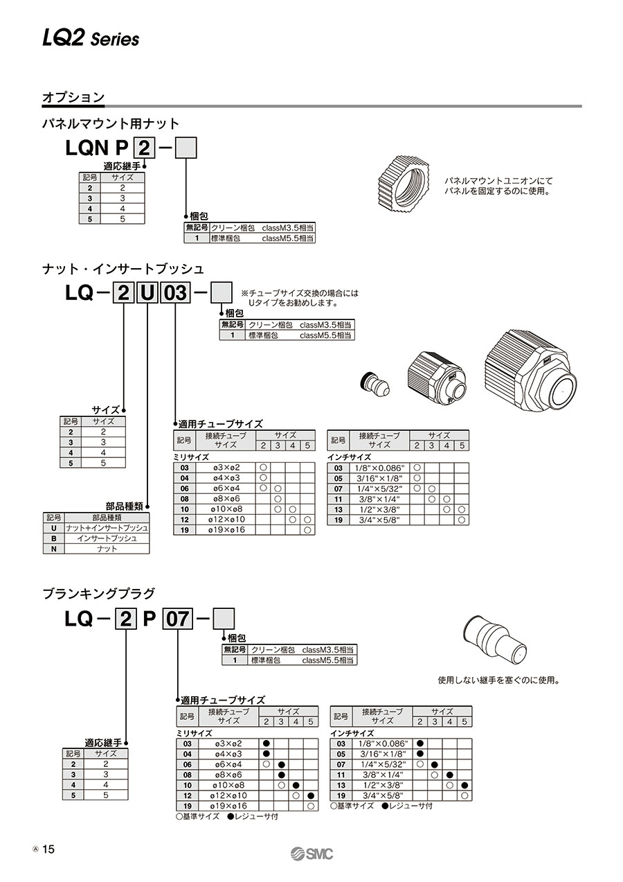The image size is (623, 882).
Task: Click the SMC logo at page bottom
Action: click(311, 854)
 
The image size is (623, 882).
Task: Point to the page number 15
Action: click(48, 850)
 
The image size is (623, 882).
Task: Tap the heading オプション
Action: click(73, 98)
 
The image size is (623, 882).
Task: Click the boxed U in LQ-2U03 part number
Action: click(147, 293)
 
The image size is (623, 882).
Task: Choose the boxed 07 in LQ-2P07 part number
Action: click(176, 618)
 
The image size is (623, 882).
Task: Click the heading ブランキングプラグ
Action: click(99, 593)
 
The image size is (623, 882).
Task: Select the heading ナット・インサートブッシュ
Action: click(123, 268)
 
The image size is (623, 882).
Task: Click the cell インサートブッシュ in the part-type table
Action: click(107, 538)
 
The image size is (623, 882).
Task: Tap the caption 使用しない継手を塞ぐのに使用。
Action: click(498, 680)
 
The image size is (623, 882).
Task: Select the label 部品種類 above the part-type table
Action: click(124, 506)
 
